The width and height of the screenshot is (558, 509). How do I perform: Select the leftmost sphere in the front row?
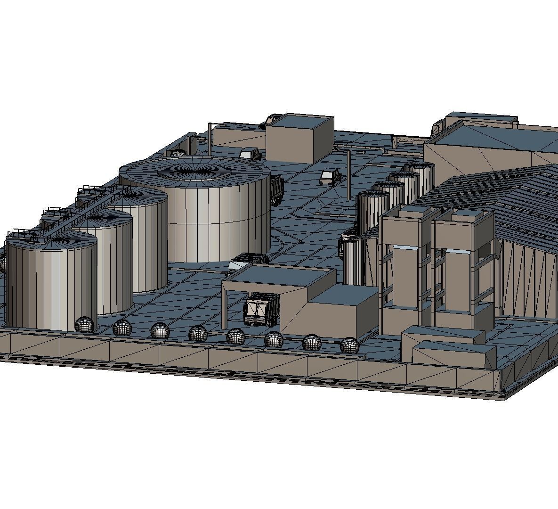(85, 325)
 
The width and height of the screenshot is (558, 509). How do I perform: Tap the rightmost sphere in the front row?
(349, 345)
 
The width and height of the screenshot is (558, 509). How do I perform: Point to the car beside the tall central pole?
(331, 177)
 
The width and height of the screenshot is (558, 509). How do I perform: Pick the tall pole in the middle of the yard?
(349, 174)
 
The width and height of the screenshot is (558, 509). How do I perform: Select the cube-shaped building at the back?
(299, 138)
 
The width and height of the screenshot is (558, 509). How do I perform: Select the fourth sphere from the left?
(198, 334)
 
